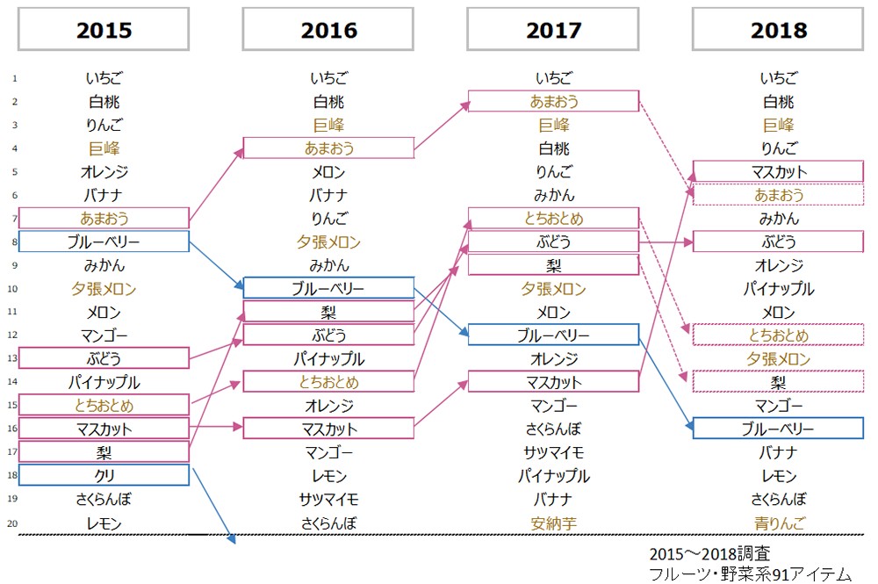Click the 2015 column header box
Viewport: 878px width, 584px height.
pos(104,30)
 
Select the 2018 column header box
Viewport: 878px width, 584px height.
pos(778,30)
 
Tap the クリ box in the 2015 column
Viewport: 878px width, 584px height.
pos(104,475)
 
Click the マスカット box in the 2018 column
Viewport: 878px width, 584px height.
pos(778,171)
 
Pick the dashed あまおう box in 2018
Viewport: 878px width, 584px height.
pos(778,195)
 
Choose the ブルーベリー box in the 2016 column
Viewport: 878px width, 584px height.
pos(328,288)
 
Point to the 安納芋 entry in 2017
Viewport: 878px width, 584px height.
pos(553,523)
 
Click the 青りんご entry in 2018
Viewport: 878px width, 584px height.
pos(778,523)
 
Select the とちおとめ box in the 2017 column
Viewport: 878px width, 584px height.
pos(553,218)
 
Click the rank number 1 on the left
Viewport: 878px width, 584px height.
pos(15,78)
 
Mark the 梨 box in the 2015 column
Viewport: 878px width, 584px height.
pos(104,452)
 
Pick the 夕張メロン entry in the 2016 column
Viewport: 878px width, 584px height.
pos(328,242)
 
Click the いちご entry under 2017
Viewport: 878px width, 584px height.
pos(553,78)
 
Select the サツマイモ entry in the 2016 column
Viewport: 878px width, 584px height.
pos(328,500)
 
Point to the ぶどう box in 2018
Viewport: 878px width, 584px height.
pos(778,242)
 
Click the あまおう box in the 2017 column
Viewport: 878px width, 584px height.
pos(553,101)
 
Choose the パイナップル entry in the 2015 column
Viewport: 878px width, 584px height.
pos(104,382)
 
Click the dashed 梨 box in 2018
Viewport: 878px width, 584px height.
pos(778,382)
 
